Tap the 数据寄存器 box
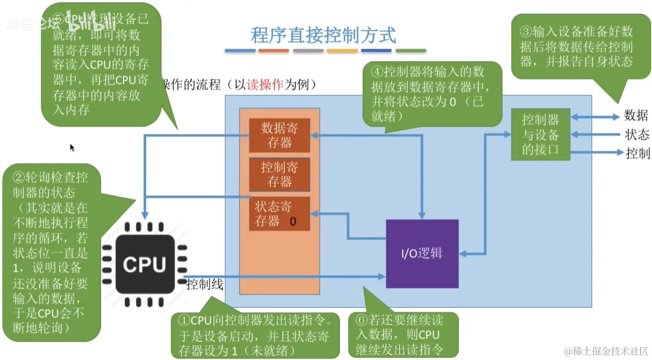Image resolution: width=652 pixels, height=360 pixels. pyautogui.click(x=279, y=135)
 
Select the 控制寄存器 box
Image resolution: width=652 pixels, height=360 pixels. pyautogui.click(x=279, y=175)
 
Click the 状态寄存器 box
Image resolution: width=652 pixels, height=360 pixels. pyautogui.click(x=279, y=213)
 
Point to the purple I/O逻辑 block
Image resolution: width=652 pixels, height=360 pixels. pyautogui.click(x=422, y=254)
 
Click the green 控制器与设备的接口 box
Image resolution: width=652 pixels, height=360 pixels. pyautogui.click(x=540, y=134)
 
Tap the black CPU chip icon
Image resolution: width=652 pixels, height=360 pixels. pyautogui.click(x=145, y=264)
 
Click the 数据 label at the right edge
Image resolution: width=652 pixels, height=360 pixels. pyautogui.click(x=636, y=115)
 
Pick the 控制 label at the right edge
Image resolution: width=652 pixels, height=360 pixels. pyautogui.click(x=637, y=153)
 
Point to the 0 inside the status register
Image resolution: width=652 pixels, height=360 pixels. pyautogui.click(x=292, y=222)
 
